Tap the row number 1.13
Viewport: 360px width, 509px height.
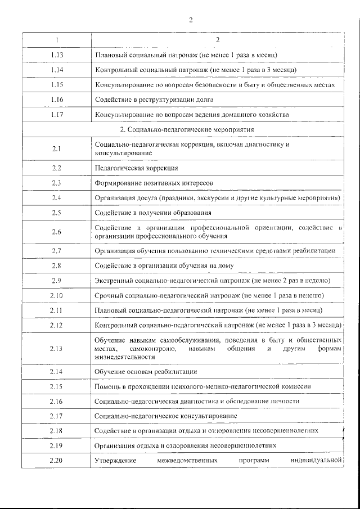coord(56,55)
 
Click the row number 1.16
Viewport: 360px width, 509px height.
coord(56,100)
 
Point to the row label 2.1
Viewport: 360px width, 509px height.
coord(56,148)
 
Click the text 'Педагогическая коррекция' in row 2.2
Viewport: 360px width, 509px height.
coord(137,168)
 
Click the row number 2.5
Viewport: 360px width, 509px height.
coord(56,213)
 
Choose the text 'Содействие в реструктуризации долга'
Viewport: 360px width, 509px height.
coord(154,100)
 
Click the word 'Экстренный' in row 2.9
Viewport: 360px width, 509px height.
coord(112,280)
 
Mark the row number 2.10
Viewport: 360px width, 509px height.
coord(56,295)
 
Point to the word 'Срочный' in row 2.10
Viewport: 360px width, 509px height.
coord(108,295)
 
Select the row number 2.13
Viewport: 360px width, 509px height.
coord(56,349)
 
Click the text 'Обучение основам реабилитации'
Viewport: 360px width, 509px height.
coord(146,372)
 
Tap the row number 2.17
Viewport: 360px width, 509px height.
coord(56,416)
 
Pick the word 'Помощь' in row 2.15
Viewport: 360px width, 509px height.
coord(107,386)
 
